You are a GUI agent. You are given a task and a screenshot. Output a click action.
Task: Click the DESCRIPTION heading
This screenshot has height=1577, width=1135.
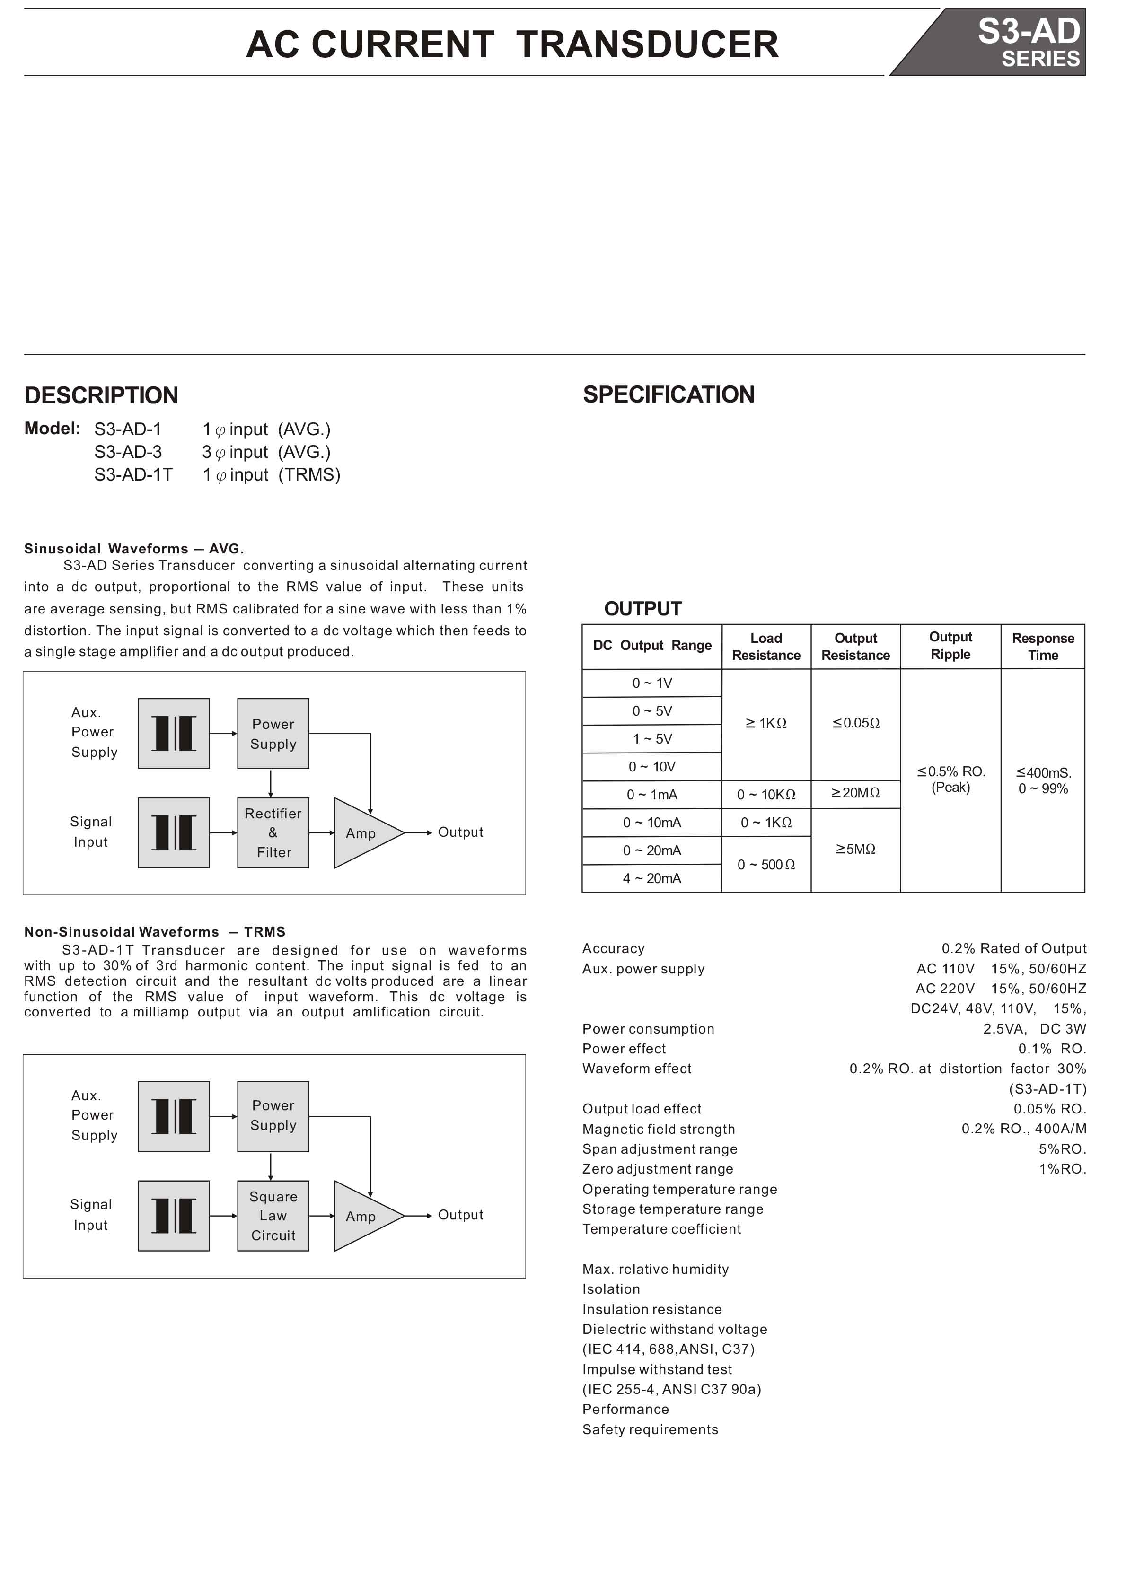point(102,395)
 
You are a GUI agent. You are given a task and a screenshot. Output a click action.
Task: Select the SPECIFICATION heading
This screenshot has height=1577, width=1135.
point(669,394)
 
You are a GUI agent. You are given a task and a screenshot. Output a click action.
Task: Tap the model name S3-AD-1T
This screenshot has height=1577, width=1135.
point(133,475)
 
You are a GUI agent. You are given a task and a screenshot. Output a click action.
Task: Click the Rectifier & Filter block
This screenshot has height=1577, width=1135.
point(273,832)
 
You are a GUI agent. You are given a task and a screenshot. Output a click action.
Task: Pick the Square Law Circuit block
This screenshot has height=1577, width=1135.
point(273,1216)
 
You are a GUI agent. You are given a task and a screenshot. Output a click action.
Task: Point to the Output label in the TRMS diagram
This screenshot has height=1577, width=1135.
point(460,1215)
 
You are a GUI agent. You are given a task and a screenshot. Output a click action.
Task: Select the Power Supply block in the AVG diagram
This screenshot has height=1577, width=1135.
point(273,734)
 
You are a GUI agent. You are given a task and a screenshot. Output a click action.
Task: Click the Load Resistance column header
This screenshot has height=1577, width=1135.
point(765,647)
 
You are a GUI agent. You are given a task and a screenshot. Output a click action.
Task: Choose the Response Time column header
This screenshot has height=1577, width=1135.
point(1042,647)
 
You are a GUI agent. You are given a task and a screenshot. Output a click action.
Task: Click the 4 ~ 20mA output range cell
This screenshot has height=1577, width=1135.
point(651,879)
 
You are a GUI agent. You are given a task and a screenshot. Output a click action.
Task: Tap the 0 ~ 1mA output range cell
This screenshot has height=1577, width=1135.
point(651,795)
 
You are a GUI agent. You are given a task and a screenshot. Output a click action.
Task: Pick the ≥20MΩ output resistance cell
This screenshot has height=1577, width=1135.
point(855,793)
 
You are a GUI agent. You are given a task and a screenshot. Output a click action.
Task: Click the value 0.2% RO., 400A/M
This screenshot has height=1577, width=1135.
point(1024,1129)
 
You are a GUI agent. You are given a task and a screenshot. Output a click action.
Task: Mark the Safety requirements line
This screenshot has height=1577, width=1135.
point(650,1429)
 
